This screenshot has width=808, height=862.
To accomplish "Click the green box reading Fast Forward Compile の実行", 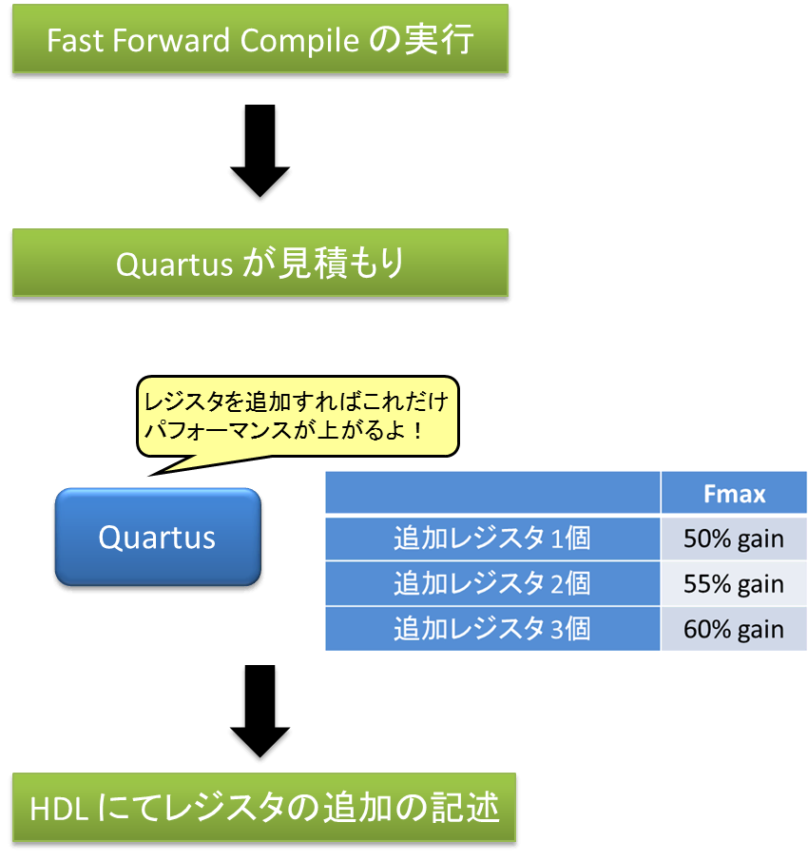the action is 260,38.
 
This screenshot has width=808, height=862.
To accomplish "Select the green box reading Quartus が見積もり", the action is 260,263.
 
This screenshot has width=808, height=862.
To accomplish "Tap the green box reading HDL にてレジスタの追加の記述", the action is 264,807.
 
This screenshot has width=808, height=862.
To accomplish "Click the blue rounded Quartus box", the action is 158,537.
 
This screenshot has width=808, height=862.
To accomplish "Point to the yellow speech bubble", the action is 298,416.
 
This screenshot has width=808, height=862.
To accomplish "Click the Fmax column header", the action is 734,493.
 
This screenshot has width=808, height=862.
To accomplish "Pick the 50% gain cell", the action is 734,539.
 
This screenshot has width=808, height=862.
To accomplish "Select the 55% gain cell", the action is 734,583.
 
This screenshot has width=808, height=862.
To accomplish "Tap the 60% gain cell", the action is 734,629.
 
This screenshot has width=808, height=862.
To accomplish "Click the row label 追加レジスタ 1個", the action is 492,539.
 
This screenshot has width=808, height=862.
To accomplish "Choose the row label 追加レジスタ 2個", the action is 492,583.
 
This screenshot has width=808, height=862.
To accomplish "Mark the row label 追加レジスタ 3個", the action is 492,629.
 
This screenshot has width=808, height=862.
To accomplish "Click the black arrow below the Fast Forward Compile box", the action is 260,150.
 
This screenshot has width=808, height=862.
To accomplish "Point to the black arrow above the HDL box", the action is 260,711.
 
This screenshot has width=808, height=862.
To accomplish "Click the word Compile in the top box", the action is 299,41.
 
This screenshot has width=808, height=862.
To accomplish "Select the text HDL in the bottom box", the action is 59,810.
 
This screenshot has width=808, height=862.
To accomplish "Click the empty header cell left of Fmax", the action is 492,493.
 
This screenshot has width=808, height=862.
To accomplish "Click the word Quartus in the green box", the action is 174,264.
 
